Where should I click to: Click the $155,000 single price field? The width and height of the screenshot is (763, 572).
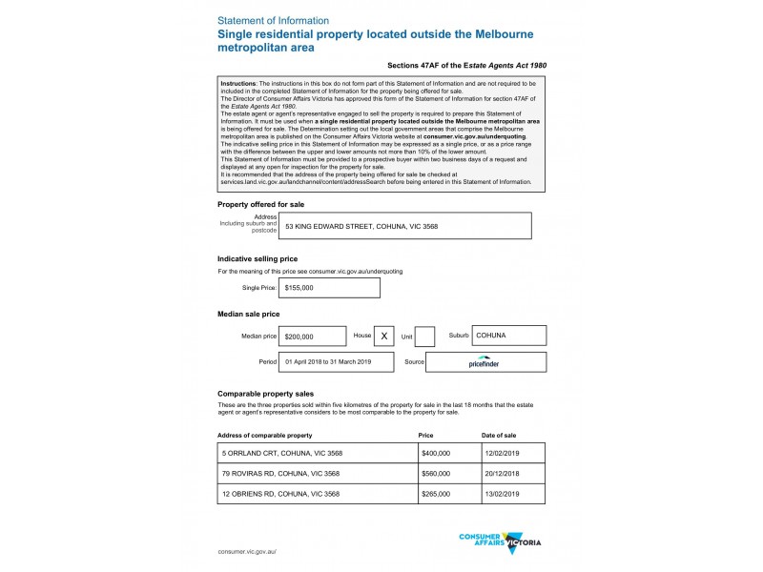[x=329, y=287]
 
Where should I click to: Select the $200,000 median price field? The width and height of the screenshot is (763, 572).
[x=313, y=337]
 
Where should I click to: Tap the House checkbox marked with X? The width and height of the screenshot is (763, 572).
[x=383, y=337]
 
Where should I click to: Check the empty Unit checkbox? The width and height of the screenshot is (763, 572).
[x=425, y=337]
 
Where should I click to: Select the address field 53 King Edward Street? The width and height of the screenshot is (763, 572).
[x=405, y=226]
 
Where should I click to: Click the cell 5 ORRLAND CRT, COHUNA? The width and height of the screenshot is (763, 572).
[x=318, y=454]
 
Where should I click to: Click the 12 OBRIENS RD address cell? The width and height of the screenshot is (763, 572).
[x=318, y=494]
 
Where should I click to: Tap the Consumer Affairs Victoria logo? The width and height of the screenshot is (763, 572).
[x=501, y=541]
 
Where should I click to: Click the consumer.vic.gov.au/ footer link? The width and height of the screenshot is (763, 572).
[x=247, y=552]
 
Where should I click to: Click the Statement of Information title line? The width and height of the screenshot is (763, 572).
[x=274, y=20]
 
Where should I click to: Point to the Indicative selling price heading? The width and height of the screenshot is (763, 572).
[x=258, y=258]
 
